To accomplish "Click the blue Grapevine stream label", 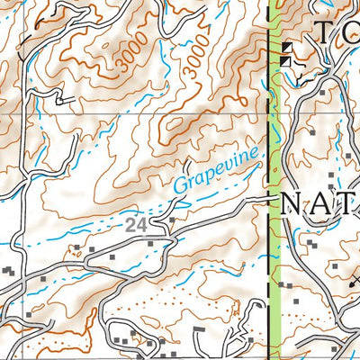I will (x=220, y=169).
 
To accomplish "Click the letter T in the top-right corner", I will (x=326, y=33).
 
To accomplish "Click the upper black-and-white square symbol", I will (x=287, y=48).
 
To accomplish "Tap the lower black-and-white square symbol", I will (x=285, y=61).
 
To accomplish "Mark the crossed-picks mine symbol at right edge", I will (x=355, y=281).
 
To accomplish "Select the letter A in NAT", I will (x=321, y=204).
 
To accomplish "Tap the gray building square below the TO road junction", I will (x=312, y=132).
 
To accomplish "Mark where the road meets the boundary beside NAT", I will (x=271, y=196).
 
